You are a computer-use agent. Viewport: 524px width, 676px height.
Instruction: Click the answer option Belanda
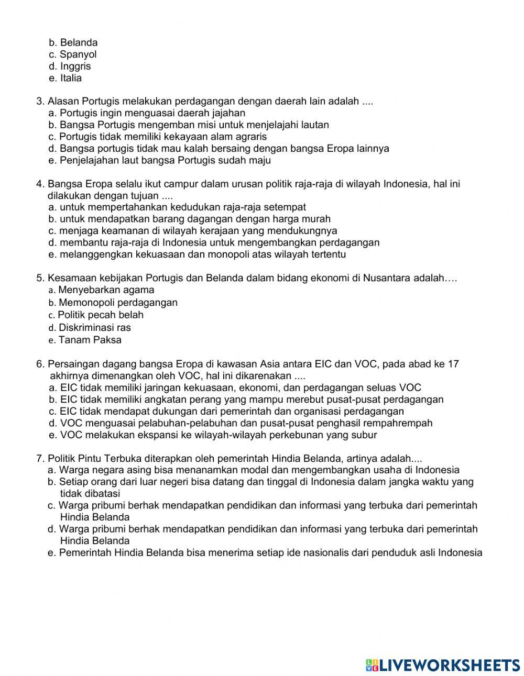click(79, 42)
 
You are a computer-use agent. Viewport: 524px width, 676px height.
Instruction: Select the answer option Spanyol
click(78, 54)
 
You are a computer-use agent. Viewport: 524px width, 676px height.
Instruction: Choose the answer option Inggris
click(75, 67)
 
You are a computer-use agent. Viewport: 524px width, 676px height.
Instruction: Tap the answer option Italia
click(71, 79)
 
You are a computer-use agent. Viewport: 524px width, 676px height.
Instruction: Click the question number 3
click(40, 101)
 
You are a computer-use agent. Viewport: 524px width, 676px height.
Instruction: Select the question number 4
click(40, 184)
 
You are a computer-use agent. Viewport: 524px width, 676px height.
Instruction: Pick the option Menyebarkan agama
click(106, 290)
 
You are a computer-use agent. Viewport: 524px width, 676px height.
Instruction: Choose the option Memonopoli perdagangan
click(118, 303)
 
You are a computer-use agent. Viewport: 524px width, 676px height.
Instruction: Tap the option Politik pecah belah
click(101, 315)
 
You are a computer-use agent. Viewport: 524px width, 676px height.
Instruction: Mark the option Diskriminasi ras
click(95, 328)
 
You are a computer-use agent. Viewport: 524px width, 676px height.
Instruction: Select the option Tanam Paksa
click(90, 340)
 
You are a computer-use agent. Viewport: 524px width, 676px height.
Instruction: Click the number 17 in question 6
click(453, 364)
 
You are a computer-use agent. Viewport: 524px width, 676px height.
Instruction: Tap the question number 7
click(40, 458)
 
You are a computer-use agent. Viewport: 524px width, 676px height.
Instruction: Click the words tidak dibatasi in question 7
click(90, 493)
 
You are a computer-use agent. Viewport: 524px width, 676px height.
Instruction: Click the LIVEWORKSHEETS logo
click(443, 665)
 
